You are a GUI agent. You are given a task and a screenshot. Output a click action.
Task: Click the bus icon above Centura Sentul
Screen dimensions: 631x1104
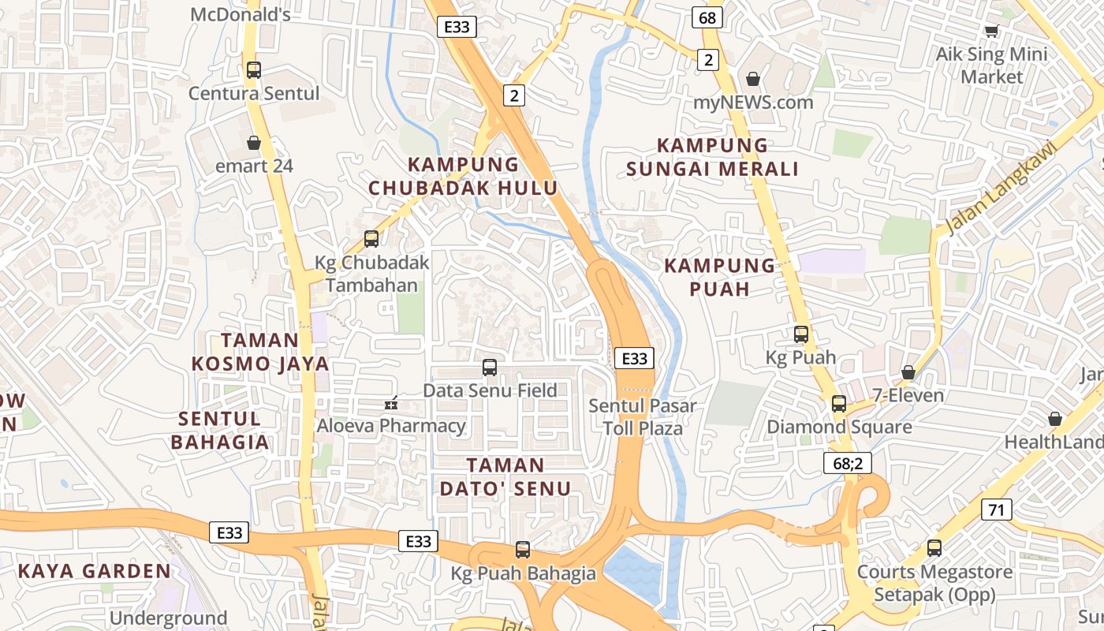pyautogui.click(x=253, y=69)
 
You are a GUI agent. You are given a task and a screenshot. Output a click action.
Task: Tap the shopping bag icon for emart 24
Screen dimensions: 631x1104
pyautogui.click(x=253, y=143)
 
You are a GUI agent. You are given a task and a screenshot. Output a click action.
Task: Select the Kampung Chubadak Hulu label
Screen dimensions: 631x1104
pyautogui.click(x=463, y=176)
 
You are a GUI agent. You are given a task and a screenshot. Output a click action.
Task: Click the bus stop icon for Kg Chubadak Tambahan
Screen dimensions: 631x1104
pyautogui.click(x=371, y=239)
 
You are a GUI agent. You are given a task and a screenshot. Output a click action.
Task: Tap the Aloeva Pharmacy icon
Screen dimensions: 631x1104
pyautogui.click(x=390, y=403)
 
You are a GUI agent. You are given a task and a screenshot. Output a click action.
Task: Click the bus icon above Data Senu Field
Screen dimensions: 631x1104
pyautogui.click(x=490, y=368)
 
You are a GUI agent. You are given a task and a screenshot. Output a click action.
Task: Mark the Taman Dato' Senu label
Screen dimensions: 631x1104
pyautogui.click(x=505, y=476)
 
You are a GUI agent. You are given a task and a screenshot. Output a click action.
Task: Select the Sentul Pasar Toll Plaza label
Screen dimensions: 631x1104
pyautogui.click(x=643, y=416)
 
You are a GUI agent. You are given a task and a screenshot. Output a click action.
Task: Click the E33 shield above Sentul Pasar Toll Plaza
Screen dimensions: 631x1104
pyautogui.click(x=634, y=359)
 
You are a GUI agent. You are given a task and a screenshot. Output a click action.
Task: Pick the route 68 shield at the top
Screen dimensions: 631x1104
pyautogui.click(x=707, y=17)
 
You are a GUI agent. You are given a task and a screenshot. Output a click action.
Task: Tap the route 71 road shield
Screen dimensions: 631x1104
pyautogui.click(x=997, y=510)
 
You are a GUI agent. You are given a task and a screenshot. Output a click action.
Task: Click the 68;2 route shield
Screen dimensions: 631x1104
pyautogui.click(x=847, y=463)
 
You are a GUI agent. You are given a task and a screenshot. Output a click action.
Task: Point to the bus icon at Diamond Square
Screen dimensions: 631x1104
pyautogui.click(x=839, y=404)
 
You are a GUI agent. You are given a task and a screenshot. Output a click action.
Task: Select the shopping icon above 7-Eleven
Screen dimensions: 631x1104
pyautogui.click(x=908, y=372)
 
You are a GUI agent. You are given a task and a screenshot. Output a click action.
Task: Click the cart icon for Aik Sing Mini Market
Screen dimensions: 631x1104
pyautogui.click(x=991, y=32)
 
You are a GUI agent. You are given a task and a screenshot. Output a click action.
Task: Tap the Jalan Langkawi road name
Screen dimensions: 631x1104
pyautogui.click(x=1000, y=189)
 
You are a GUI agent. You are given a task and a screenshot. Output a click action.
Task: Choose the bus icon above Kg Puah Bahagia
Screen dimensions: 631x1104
pyautogui.click(x=523, y=550)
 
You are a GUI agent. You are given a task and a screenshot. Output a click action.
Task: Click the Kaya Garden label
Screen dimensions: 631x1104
pyautogui.click(x=94, y=571)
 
